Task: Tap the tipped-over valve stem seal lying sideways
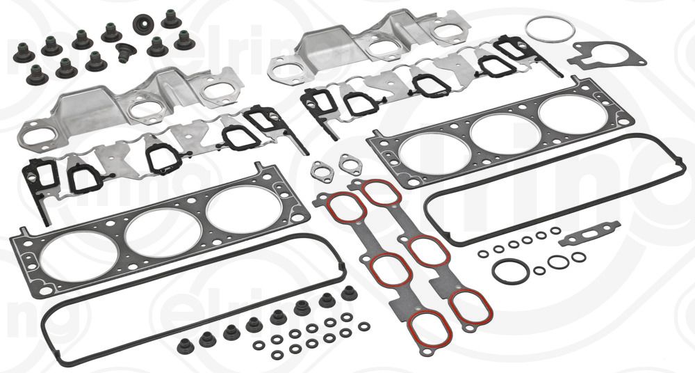(x=126, y=52)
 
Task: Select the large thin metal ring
(x=550, y=30)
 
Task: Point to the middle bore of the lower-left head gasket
(x=154, y=230)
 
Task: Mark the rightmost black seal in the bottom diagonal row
(x=348, y=293)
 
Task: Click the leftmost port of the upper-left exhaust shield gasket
(x=33, y=134)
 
